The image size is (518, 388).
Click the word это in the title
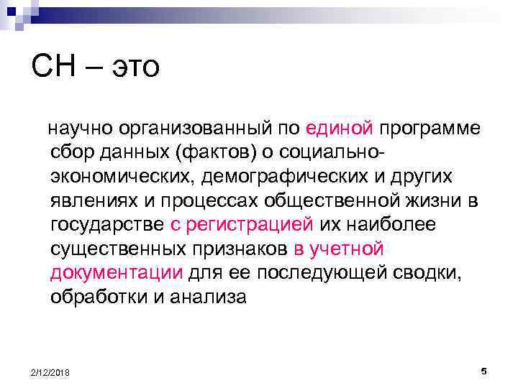tap(132, 68)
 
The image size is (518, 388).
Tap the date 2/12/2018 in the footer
tap(50, 371)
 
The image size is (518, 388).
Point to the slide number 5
tap(483, 370)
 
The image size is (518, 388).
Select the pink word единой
tap(339, 128)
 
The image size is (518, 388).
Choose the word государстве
tap(108, 224)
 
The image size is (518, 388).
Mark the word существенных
tap(107, 249)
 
